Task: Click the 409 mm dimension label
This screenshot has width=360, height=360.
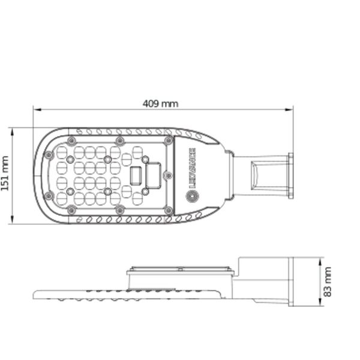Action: [160, 104]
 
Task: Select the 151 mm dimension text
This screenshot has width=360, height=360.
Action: [5, 173]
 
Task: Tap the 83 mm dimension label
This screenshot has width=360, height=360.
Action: [327, 282]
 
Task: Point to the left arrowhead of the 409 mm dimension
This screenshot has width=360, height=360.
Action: [37, 110]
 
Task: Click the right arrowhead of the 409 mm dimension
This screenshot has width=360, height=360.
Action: [289, 110]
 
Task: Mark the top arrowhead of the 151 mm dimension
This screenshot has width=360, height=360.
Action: [12, 132]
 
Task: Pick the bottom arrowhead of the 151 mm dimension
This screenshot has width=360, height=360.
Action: [12, 220]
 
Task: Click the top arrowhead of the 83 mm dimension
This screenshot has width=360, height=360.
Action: [320, 262]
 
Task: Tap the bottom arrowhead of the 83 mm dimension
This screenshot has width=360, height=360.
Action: [320, 302]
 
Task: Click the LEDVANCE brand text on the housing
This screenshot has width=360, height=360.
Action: [192, 168]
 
